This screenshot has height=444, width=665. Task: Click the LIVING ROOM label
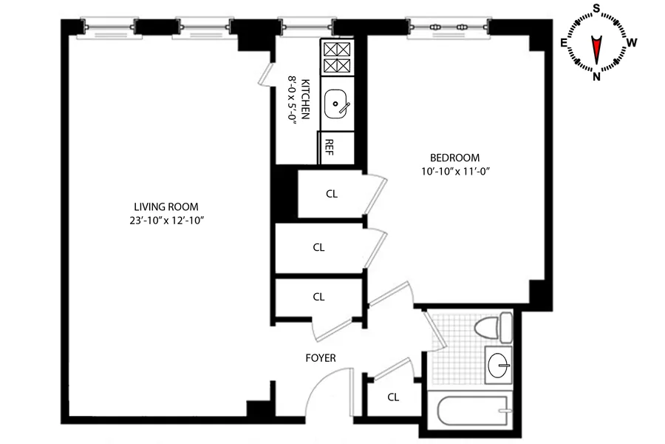click(x=166, y=207)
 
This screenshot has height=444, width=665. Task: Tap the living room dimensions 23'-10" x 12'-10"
click(x=167, y=221)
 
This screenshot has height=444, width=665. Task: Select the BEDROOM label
click(x=454, y=158)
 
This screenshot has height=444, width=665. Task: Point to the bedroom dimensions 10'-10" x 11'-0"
click(x=455, y=172)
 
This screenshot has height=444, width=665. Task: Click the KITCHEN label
click(x=305, y=99)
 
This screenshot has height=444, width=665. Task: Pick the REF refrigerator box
click(x=336, y=147)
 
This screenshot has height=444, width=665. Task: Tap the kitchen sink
click(x=337, y=104)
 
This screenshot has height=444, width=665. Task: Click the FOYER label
click(x=321, y=358)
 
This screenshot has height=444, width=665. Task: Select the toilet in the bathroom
click(x=493, y=328)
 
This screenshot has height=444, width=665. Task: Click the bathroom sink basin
click(x=498, y=365)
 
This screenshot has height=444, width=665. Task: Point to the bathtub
click(x=473, y=411)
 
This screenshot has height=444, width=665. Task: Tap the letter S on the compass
click(x=596, y=8)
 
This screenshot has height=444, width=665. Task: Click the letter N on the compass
click(x=596, y=77)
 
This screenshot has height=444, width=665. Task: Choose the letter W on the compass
click(x=632, y=42)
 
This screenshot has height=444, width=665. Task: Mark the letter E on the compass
click(x=564, y=42)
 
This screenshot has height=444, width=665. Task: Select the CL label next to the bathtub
click(x=393, y=397)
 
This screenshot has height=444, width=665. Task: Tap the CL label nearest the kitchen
click(x=332, y=194)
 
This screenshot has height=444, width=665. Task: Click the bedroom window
click(x=449, y=27)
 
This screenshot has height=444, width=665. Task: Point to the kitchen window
click(x=307, y=27)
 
